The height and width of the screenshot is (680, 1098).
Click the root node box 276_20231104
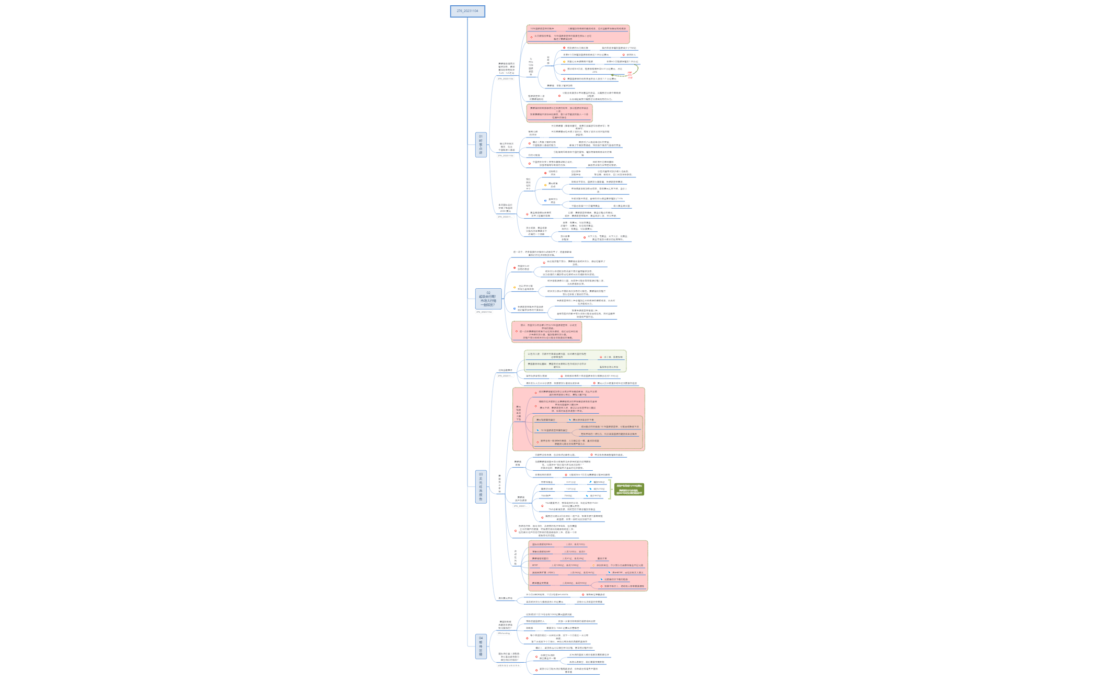pyautogui.click(x=467, y=11)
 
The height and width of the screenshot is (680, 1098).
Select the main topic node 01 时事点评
pyautogui.click(x=481, y=144)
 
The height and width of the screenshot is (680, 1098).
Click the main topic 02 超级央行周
pyautogui.click(x=488, y=299)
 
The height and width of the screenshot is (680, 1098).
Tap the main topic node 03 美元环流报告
pyautogui.click(x=481, y=487)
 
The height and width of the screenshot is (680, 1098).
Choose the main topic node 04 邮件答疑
pyautogui.click(x=481, y=647)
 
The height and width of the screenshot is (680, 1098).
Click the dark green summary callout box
pyautogui.click(x=629, y=489)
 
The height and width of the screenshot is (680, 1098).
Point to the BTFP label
pyautogui.click(x=535, y=565)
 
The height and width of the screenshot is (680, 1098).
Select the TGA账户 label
pyautogui.click(x=546, y=495)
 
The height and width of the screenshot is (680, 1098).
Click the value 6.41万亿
pyautogui.click(x=571, y=482)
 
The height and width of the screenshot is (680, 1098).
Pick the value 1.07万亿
pyautogui.click(x=571, y=489)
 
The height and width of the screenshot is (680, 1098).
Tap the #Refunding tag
pyautogui.click(x=504, y=633)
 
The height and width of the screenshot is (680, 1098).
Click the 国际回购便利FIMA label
pyautogui.click(x=542, y=544)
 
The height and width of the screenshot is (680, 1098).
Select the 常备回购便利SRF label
pyautogui.click(x=541, y=551)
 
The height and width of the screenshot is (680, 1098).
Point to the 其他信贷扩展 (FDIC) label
pyautogui.click(x=544, y=572)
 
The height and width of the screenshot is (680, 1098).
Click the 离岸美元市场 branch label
pyautogui.click(x=506, y=598)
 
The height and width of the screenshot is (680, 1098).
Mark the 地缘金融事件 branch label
pyautogui.click(x=506, y=370)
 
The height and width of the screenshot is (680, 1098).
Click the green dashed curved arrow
pyautogui.click(x=620, y=75)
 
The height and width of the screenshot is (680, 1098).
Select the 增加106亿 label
pyautogui.click(x=599, y=482)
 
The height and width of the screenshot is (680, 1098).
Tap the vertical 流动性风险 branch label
pyautogui.click(x=516, y=558)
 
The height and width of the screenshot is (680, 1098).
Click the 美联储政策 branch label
pyautogui.click(x=518, y=463)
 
